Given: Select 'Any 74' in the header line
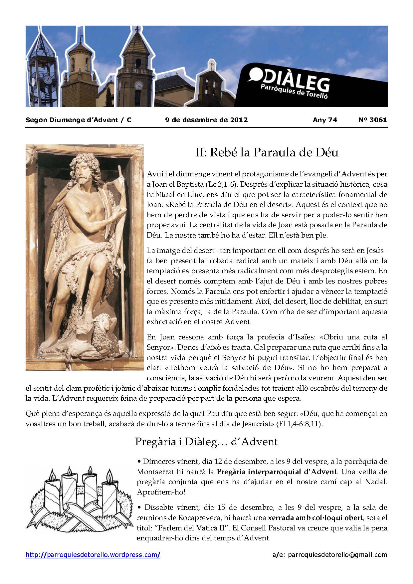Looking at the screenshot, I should [x=325, y=120].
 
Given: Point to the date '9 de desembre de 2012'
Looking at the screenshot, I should [x=206, y=120].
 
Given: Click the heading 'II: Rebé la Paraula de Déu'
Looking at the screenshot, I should [x=266, y=153].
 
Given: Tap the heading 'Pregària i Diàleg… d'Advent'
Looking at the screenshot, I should [x=206, y=442].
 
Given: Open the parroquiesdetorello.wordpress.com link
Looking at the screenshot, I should [x=93, y=555].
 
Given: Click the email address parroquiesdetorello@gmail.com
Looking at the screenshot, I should [x=337, y=555].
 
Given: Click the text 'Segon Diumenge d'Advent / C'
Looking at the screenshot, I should [x=78, y=120].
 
